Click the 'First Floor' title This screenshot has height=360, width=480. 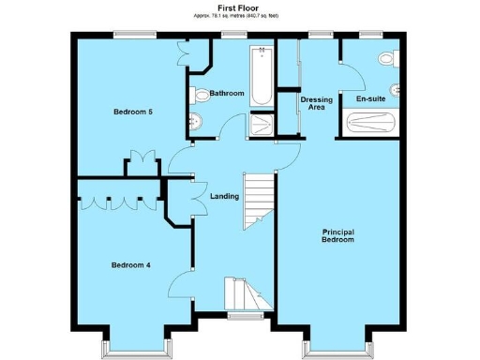pyautogui.click(x=239, y=7)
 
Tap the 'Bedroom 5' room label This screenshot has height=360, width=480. pyautogui.click(x=133, y=112)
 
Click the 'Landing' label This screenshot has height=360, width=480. pyautogui.click(x=225, y=196)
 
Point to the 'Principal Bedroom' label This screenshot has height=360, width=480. pyautogui.click(x=338, y=236)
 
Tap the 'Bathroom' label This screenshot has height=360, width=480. pyautogui.click(x=227, y=94)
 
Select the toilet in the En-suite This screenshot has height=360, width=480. pyautogui.click(x=385, y=59)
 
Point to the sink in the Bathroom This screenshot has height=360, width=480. pyautogui.click(x=195, y=122)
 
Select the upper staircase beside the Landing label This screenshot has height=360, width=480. pyautogui.click(x=257, y=200)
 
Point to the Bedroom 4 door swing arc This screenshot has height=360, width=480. pyautogui.click(x=186, y=269)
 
